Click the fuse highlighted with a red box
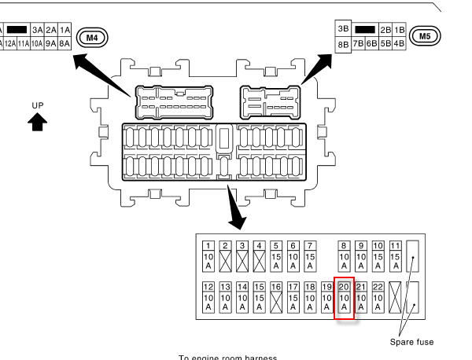tap(344, 299)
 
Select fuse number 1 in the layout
tap(208, 256)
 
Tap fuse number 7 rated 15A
tap(310, 256)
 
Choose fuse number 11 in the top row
tap(395, 256)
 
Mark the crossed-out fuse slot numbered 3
tap(242, 256)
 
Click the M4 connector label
tap(92, 36)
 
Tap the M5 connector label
tap(425, 35)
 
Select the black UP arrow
tap(38, 122)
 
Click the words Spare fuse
tap(411, 342)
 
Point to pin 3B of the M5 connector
tap(343, 29)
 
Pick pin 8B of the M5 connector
tap(343, 44)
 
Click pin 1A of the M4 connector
tap(65, 29)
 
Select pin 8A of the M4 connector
tap(65, 44)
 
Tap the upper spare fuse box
tap(412, 255)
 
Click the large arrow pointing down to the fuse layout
tap(235, 209)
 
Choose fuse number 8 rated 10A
tap(344, 256)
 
